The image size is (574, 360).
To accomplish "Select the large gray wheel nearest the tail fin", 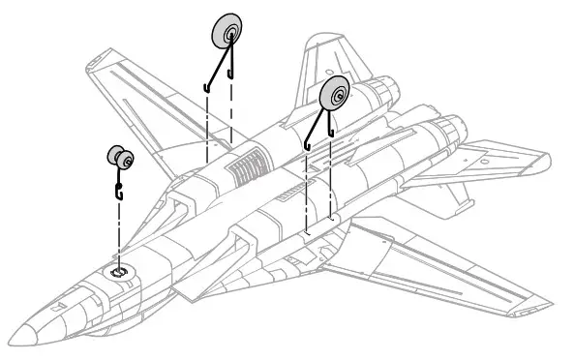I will pos(336,95).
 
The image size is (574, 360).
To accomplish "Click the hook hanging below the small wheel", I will pos(119,189).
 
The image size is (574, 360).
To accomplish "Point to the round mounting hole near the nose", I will pos(117,272).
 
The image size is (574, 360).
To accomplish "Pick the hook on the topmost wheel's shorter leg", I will pos(231,73).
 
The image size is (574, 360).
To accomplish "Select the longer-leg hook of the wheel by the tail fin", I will pos(307,145).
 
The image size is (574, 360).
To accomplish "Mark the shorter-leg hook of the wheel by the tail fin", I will pos(331,130).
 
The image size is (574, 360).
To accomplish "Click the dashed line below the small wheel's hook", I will pos(118,232).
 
